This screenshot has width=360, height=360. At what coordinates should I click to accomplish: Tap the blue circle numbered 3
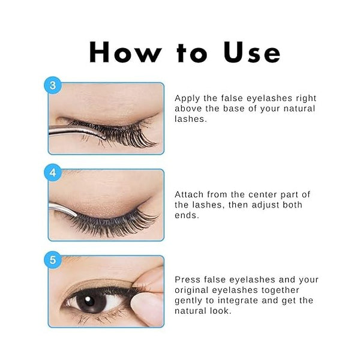click(53, 85)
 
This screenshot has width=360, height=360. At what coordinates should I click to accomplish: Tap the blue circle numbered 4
click(53, 172)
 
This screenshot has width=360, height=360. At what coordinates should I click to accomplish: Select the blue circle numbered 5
click(53, 260)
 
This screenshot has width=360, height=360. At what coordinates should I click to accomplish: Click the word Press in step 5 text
click(188, 280)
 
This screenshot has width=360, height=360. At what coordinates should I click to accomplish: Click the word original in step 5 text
click(193, 291)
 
